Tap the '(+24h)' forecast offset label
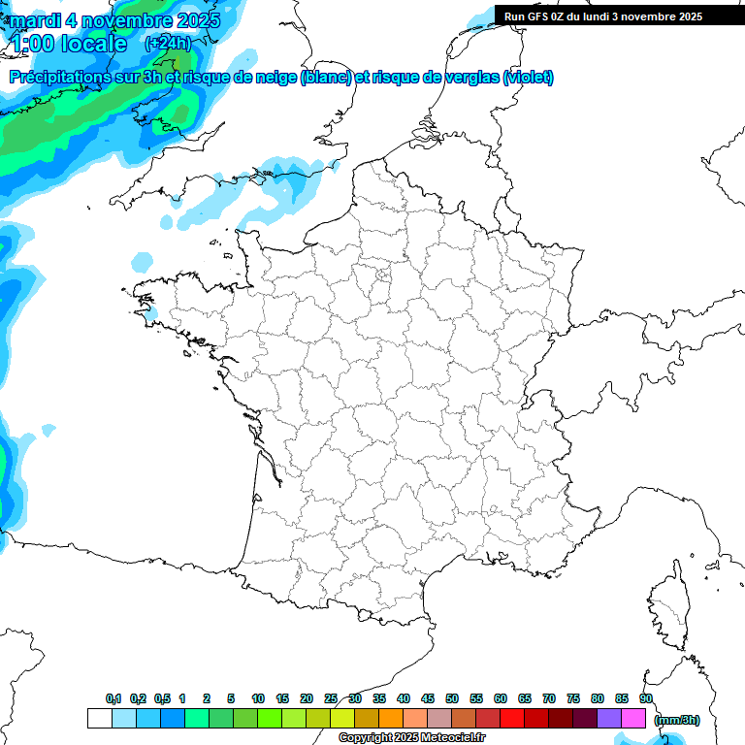(x=168, y=43)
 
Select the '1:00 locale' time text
(x=68, y=44)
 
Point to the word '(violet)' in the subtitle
(x=529, y=77)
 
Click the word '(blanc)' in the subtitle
(x=325, y=77)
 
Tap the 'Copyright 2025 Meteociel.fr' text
(x=411, y=738)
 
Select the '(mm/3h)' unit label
(x=677, y=719)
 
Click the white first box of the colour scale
(x=99, y=718)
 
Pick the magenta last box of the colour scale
(x=633, y=718)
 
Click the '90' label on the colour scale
(x=646, y=698)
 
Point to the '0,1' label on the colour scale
(x=113, y=698)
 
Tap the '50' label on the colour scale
(x=452, y=698)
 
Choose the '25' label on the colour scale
(x=331, y=698)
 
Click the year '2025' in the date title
(x=193, y=19)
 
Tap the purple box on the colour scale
(x=609, y=718)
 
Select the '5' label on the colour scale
(x=231, y=698)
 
